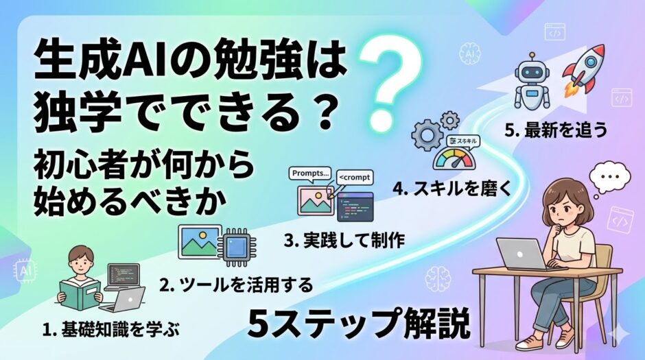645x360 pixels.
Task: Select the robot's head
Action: click(x=532, y=71)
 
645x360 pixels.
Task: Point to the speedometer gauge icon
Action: click(x=454, y=158)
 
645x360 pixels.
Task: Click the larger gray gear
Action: click(x=426, y=134)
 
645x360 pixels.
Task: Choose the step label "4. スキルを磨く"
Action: click(x=452, y=189)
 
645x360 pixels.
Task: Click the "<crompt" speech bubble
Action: click(x=355, y=178)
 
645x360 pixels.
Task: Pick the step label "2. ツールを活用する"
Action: click(x=236, y=285)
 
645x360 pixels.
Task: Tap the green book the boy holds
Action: click(x=80, y=294)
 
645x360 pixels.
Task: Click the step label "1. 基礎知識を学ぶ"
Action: click(x=111, y=330)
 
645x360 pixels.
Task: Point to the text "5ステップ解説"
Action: click(x=359, y=323)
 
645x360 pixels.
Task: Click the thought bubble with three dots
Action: click(x=609, y=178)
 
